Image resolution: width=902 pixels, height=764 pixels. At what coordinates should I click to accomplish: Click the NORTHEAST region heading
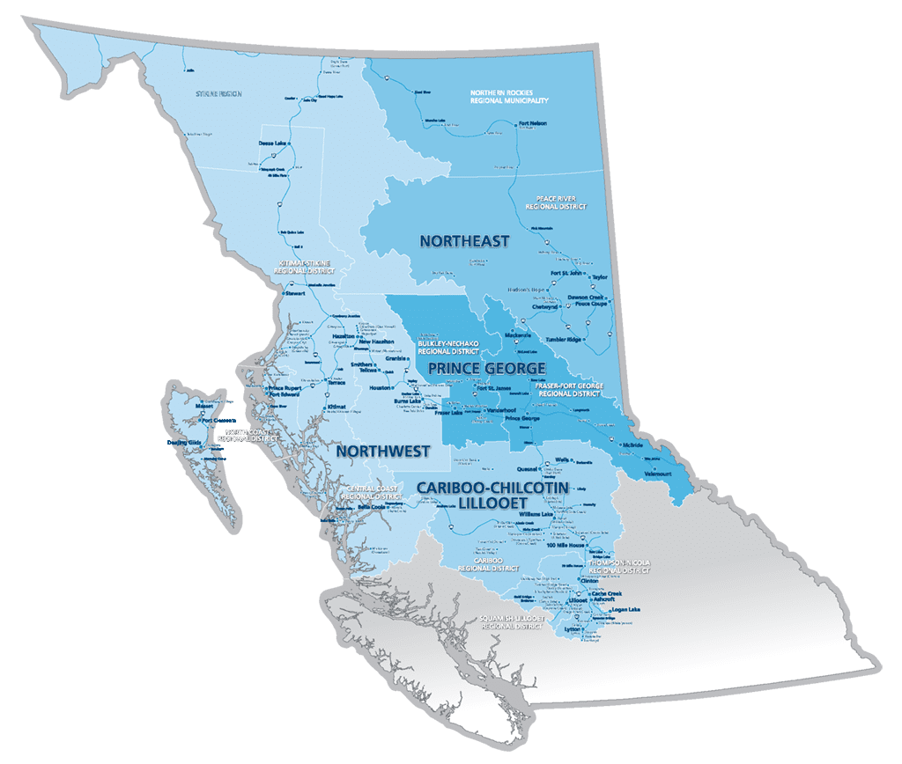[464, 241]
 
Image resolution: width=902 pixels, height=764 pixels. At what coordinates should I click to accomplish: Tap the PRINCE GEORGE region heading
[487, 367]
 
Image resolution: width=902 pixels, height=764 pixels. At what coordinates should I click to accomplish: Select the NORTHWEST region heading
[382, 452]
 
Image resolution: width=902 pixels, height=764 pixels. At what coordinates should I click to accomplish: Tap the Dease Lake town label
[272, 143]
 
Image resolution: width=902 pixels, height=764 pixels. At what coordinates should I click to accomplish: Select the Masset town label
[204, 408]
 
